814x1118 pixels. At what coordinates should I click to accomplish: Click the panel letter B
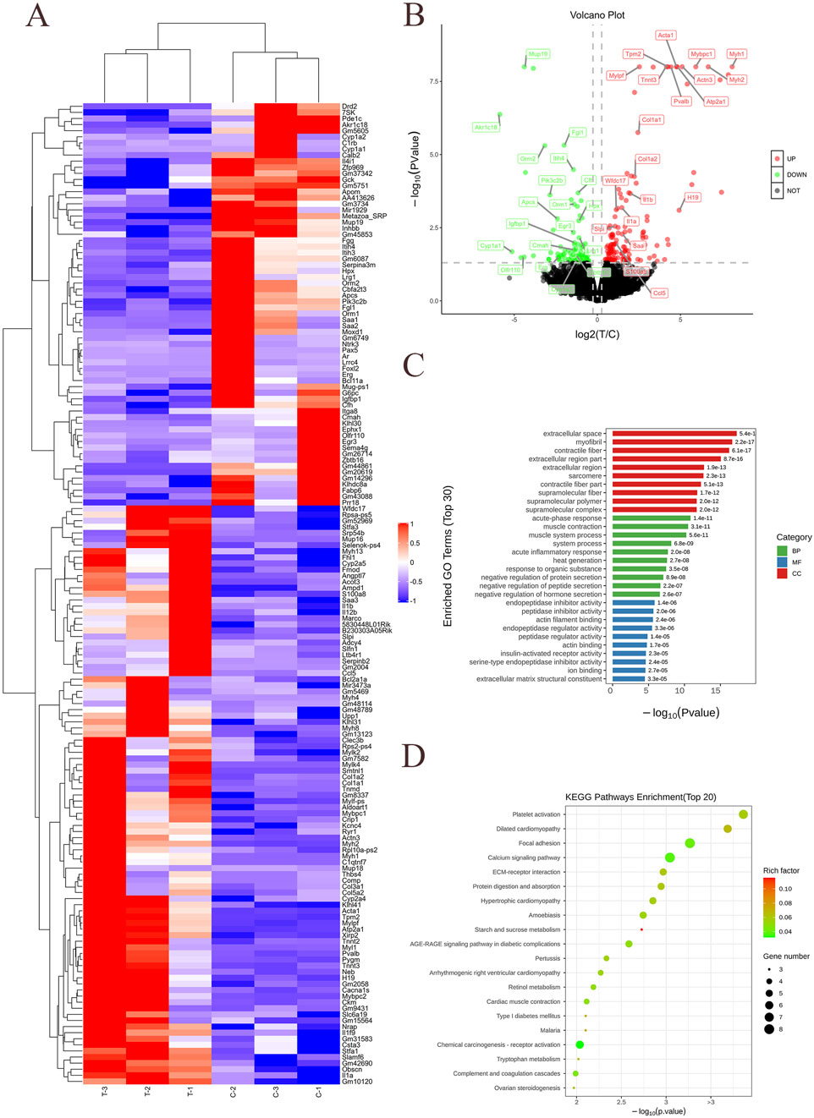[414, 16]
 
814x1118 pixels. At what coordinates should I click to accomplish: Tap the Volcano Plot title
[597, 15]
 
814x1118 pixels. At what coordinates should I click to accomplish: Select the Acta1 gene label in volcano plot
[666, 36]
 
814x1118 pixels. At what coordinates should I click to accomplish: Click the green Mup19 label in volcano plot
[537, 54]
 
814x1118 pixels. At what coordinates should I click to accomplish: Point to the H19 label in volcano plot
[693, 198]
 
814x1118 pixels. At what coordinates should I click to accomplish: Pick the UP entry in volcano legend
[790, 159]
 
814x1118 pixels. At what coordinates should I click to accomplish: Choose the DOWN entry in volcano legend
[796, 175]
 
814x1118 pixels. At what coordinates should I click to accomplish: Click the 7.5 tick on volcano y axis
[434, 82]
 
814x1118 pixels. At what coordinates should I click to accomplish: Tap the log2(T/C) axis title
[597, 334]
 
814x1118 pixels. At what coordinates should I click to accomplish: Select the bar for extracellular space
[674, 434]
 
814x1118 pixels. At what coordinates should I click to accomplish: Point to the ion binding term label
[585, 671]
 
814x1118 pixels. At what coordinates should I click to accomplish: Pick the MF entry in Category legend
[796, 562]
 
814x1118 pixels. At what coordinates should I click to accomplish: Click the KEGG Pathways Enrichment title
[641, 797]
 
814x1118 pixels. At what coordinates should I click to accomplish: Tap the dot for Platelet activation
[743, 814]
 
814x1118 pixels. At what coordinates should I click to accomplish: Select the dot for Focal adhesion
[690, 843]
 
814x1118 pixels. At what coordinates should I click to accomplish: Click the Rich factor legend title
[781, 870]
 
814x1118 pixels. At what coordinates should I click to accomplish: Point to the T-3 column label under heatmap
[104, 1092]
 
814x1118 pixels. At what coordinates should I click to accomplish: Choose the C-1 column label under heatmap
[318, 1092]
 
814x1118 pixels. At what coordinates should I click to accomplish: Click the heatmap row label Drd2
[349, 107]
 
